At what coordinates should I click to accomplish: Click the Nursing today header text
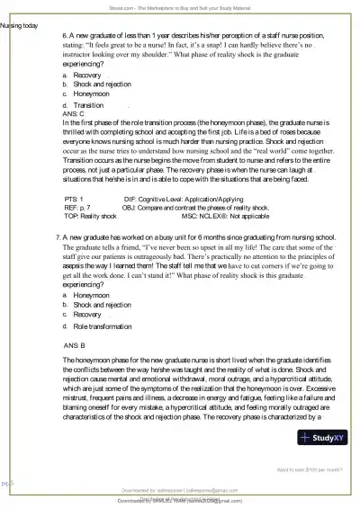[x=19, y=25]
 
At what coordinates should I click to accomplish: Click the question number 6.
[x=57, y=34]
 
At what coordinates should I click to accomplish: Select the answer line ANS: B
[x=76, y=344]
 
